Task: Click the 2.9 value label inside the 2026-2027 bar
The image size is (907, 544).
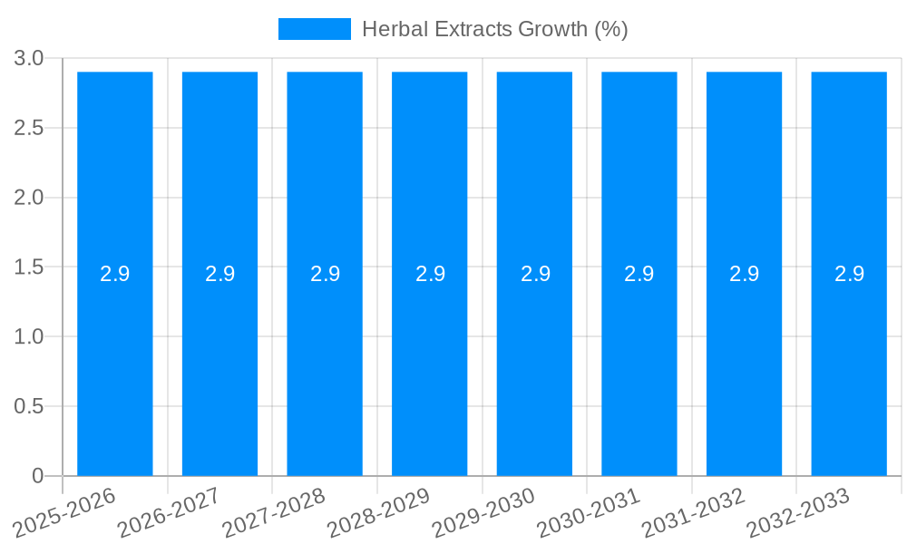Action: (x=219, y=274)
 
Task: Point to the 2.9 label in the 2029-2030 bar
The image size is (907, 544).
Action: (x=535, y=274)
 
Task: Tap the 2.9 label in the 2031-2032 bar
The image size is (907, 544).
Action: (x=745, y=274)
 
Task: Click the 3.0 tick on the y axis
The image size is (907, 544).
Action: (x=29, y=58)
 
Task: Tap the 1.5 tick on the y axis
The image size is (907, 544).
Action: (x=29, y=267)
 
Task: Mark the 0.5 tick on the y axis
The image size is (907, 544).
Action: (x=29, y=406)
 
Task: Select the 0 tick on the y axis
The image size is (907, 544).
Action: (x=37, y=476)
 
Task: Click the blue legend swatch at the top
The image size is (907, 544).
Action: (x=314, y=29)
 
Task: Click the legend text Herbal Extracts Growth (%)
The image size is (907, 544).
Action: (x=494, y=29)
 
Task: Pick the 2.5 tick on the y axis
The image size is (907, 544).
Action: (x=29, y=128)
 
